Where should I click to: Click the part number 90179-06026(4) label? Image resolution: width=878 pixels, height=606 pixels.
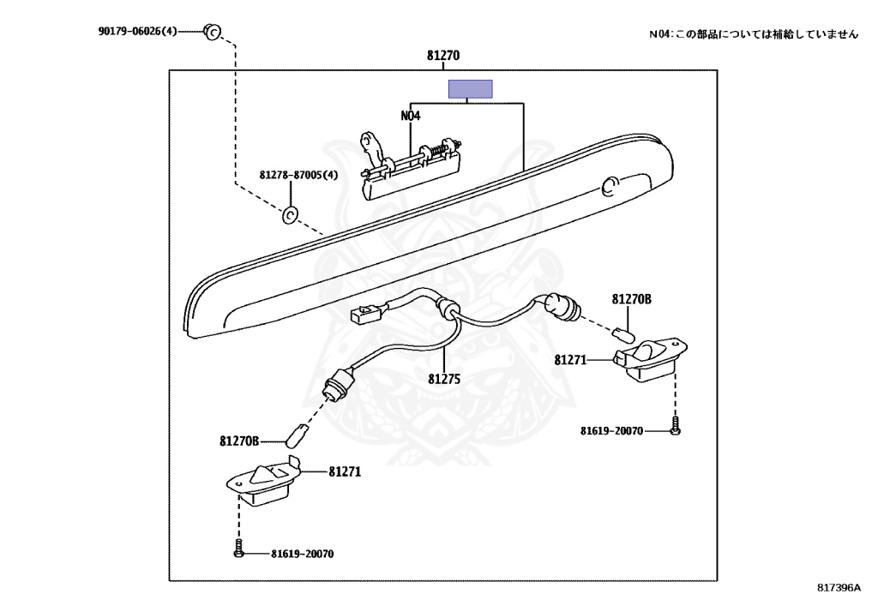(137, 32)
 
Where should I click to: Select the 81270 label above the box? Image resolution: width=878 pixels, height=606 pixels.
(443, 55)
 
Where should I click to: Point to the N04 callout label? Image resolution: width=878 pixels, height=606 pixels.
(411, 115)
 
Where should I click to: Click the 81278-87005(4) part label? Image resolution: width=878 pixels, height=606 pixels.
(298, 175)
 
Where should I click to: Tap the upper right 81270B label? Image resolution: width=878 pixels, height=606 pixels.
(631, 299)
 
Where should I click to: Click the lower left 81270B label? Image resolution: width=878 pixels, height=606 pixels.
(239, 441)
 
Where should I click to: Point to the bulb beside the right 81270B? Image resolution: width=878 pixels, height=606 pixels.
(623, 333)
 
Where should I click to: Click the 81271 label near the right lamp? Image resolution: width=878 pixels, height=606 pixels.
(570, 360)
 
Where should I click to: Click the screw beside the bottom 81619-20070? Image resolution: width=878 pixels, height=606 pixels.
(239, 553)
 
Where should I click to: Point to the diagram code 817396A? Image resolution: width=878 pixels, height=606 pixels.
(838, 588)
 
